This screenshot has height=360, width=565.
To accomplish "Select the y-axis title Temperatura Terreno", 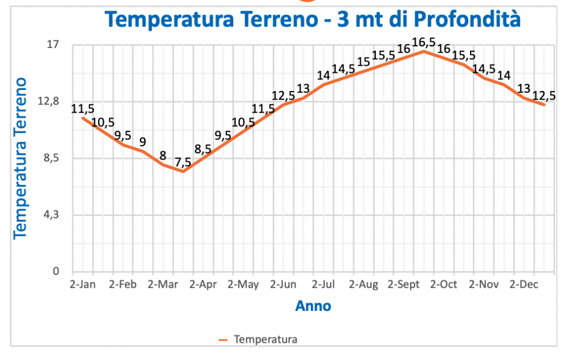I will coord(20,158).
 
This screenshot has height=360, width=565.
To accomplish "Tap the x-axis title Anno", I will coord(313,305).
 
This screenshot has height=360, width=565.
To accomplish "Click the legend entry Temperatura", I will coord(265,340).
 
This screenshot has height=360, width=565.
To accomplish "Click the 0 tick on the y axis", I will coord(55,271).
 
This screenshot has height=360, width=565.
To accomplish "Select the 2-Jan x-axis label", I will coord(82,285).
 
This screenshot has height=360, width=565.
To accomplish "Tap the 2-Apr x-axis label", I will coord(202,285).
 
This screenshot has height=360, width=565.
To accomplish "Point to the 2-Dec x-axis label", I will coord(524,285).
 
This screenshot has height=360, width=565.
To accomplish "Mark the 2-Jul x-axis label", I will coord(323,285).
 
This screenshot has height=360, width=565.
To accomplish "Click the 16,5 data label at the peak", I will coord(423,42).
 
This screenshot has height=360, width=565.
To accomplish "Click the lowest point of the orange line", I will coord(183,172).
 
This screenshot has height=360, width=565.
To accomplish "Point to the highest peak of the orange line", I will coord(423,51).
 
